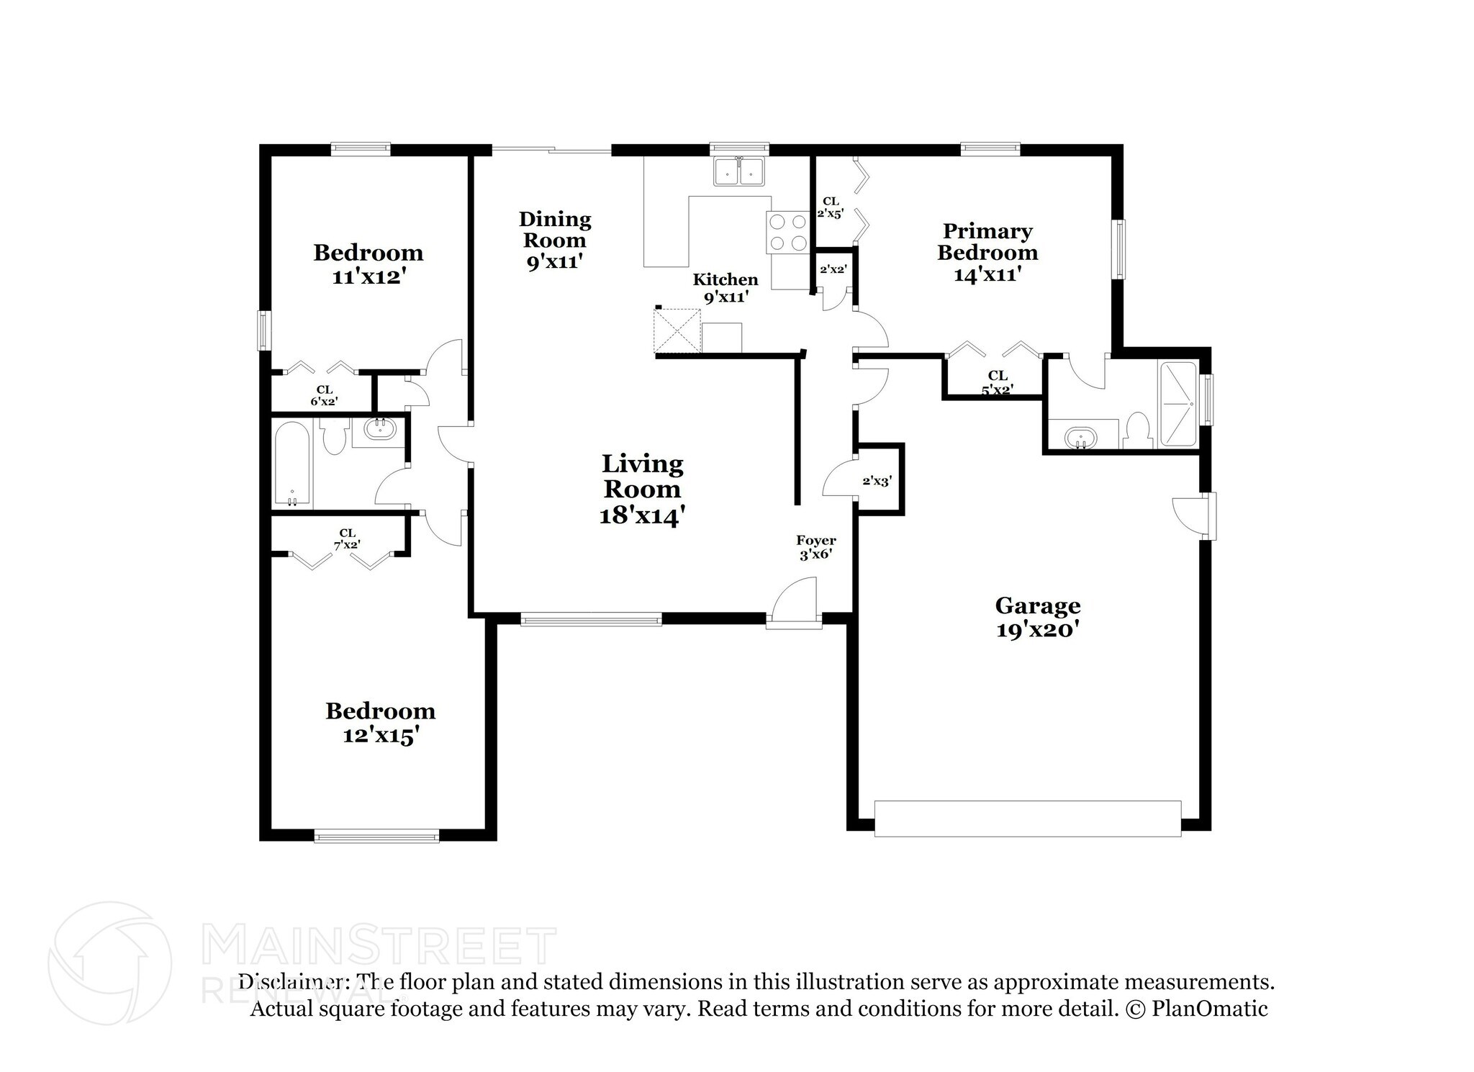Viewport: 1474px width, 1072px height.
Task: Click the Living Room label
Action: point(642,490)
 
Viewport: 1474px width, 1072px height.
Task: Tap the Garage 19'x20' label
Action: point(1038,618)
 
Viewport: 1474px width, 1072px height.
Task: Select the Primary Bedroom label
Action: point(987,253)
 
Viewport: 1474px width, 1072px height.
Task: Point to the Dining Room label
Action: point(555,240)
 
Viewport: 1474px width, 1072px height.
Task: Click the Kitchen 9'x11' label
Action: point(725,288)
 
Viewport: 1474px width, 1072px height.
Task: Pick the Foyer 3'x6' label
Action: point(816,548)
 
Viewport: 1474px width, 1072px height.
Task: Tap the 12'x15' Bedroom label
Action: point(380,724)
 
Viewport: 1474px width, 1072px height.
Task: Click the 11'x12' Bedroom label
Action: point(368,265)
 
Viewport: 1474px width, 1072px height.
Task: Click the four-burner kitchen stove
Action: point(787,233)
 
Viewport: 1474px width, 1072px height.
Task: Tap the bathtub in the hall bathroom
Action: point(293,464)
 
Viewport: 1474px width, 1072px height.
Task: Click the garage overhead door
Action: point(1028,819)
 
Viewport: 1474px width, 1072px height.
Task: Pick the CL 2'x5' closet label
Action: point(831,207)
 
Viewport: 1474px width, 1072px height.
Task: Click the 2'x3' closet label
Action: point(877,481)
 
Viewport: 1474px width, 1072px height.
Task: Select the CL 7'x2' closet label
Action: point(348,539)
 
